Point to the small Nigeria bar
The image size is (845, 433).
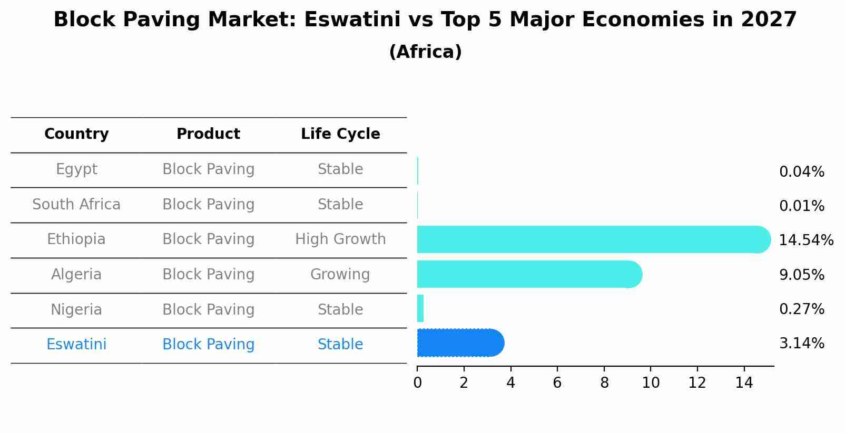pyautogui.click(x=420, y=308)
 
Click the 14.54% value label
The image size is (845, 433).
pyautogui.click(x=805, y=240)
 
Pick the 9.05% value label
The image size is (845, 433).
pyautogui.click(x=801, y=275)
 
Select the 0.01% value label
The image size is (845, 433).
pyautogui.click(x=801, y=206)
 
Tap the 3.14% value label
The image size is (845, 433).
pyautogui.click(x=801, y=344)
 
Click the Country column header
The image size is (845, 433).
pyautogui.click(x=76, y=134)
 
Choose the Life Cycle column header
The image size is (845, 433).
pyautogui.click(x=340, y=134)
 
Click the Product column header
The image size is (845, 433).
pyautogui.click(x=208, y=134)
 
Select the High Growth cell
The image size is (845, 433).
pyautogui.click(x=340, y=239)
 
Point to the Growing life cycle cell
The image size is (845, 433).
pyautogui.click(x=340, y=275)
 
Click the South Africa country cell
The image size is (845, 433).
pyautogui.click(x=76, y=205)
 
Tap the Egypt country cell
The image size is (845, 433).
pyautogui.click(x=76, y=169)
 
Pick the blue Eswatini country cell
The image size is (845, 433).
pyautogui.click(x=76, y=345)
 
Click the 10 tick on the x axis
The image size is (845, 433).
pyautogui.click(x=651, y=383)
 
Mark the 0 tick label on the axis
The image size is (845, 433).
pyautogui.click(x=417, y=383)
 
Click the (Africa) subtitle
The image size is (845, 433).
pyautogui.click(x=425, y=52)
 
